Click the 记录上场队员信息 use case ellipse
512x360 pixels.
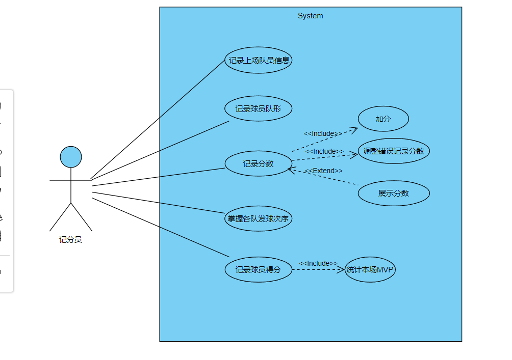point(259,61)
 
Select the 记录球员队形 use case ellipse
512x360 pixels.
point(259,109)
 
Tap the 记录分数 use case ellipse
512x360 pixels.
point(259,164)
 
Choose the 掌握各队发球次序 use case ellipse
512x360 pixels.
point(259,219)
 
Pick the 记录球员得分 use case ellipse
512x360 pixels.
point(259,270)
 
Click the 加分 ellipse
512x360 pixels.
point(383,119)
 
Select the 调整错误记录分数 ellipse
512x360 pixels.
point(394,151)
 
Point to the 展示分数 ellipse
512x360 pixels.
point(394,193)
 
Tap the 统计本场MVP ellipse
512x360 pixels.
point(370,270)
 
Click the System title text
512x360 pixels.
point(310,16)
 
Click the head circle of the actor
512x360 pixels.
point(71,157)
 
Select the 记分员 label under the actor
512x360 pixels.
point(71,240)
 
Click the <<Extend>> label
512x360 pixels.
point(324,171)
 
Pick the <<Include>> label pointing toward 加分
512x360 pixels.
point(323,134)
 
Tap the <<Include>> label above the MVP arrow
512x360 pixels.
point(318,263)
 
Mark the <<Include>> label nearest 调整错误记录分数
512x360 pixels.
point(325,152)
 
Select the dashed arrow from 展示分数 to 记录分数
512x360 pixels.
point(326,177)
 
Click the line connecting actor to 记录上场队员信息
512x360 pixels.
point(158,119)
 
